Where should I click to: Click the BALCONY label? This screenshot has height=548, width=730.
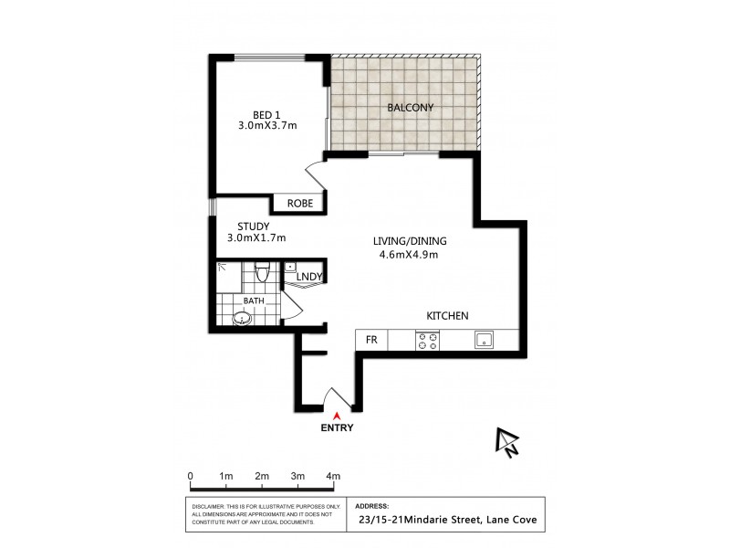(410, 108)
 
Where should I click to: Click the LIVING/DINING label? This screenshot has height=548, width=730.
(410, 241)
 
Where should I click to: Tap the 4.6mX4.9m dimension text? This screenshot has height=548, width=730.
(410, 255)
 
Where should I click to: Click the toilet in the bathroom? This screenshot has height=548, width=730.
(262, 273)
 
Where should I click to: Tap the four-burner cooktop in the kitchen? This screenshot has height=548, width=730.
(427, 341)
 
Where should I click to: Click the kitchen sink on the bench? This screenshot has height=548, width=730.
(484, 341)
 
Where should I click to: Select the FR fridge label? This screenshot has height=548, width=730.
(371, 340)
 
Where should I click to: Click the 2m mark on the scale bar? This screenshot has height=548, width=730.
(262, 477)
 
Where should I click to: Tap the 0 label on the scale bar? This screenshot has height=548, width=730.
(190, 477)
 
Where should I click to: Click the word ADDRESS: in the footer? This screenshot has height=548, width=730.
(370, 505)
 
